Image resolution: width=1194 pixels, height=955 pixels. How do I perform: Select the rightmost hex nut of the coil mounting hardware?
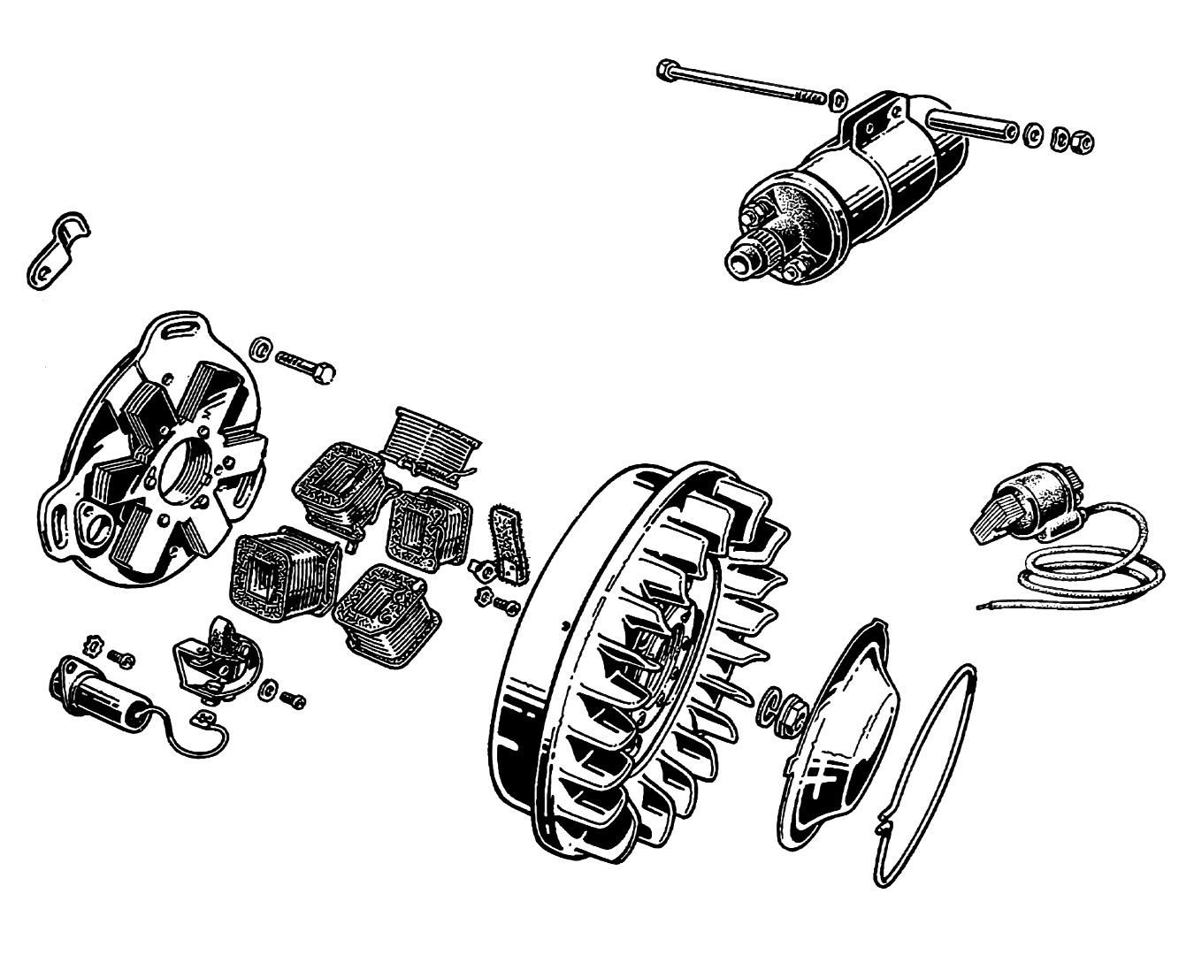tap(1081, 141)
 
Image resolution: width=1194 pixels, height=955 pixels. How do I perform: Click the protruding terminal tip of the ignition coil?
tap(739, 261)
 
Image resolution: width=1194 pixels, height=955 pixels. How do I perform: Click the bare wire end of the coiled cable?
tap(986, 607)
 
